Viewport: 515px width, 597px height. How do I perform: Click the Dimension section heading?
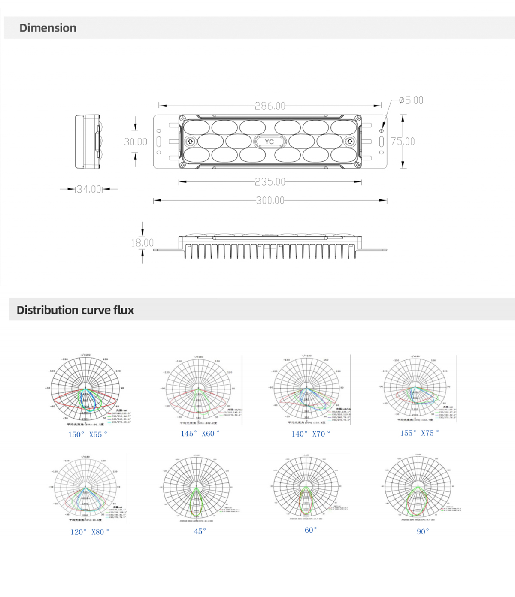pyautogui.click(x=48, y=28)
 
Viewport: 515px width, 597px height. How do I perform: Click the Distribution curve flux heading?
pyautogui.click(x=75, y=310)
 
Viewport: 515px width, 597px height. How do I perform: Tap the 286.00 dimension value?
pyautogui.click(x=270, y=106)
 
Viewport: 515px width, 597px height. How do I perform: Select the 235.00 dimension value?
pyautogui.click(x=270, y=182)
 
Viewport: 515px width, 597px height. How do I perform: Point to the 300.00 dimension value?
pyautogui.click(x=270, y=200)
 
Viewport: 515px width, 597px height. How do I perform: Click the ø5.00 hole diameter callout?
pyautogui.click(x=411, y=100)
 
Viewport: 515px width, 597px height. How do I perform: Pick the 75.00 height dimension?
pyautogui.click(x=403, y=142)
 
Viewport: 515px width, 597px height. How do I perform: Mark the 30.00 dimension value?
pyautogui.click(x=136, y=142)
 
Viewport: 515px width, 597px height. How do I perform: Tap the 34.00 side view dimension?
pyautogui.click(x=89, y=189)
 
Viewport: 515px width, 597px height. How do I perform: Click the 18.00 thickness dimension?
pyautogui.click(x=142, y=243)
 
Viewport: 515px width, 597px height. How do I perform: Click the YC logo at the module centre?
pyautogui.click(x=269, y=142)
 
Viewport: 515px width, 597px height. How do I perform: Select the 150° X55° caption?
pyautogui.click(x=88, y=434)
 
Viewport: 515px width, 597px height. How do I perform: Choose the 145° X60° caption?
pyautogui.click(x=200, y=434)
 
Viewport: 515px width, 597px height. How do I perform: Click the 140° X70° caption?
pyautogui.click(x=311, y=434)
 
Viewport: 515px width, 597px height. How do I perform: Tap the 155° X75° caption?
pyautogui.click(x=419, y=433)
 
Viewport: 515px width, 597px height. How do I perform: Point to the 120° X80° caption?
pyautogui.click(x=90, y=532)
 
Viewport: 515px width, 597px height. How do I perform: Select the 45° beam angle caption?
pyautogui.click(x=200, y=531)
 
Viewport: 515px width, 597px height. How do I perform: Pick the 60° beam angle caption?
pyautogui.click(x=311, y=530)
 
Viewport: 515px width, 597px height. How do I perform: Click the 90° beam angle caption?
pyautogui.click(x=423, y=531)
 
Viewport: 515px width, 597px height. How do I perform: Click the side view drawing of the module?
pyautogui.click(x=88, y=142)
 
